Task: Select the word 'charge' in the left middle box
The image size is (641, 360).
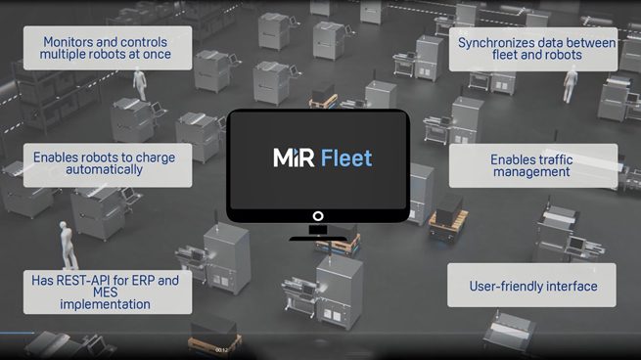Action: [156, 158]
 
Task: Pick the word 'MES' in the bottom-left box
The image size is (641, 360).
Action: [105, 292]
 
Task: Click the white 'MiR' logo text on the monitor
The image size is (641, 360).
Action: [294, 157]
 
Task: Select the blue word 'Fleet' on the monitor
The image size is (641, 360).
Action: [346, 157]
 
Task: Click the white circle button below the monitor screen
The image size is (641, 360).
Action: [318, 216]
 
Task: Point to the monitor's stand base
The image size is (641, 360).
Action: [318, 239]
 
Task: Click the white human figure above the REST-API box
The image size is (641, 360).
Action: [69, 246]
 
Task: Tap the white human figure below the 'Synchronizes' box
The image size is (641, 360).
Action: [570, 86]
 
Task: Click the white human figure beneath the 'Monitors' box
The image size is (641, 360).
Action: [140, 84]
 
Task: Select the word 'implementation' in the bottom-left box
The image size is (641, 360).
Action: [105, 304]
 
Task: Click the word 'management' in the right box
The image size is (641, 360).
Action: [531, 172]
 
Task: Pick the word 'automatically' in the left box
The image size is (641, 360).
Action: [105, 169]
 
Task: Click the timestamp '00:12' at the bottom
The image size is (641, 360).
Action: [221, 350]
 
